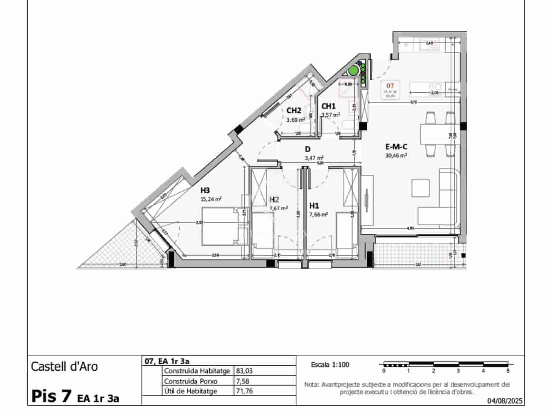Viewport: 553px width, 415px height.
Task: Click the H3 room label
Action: [x=205, y=191]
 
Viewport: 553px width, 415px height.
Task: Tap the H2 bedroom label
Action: [x=274, y=200]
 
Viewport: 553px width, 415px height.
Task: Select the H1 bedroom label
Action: [x=314, y=206]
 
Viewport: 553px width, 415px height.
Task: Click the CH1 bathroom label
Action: [x=328, y=106]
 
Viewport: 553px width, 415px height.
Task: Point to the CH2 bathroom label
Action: [x=294, y=111]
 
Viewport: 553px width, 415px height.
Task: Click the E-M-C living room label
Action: [x=396, y=147]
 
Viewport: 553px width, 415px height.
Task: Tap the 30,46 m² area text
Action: [x=396, y=156]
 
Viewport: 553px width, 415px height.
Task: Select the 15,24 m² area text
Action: [x=211, y=199]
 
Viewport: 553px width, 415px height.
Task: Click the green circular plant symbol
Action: [x=353, y=71]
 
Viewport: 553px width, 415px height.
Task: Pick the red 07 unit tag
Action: [x=390, y=86]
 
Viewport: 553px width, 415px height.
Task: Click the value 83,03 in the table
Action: [x=244, y=371]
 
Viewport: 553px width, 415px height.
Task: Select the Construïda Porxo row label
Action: [x=191, y=381]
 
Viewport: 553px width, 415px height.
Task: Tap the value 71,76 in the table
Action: [x=244, y=391]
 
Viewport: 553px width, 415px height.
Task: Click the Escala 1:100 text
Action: [x=330, y=365]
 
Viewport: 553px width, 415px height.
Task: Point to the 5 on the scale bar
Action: [x=508, y=371]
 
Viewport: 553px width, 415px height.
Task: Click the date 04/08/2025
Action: [x=505, y=401]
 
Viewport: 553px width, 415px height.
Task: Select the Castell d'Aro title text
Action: [x=64, y=367]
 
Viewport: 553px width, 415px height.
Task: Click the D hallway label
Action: [x=308, y=149]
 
